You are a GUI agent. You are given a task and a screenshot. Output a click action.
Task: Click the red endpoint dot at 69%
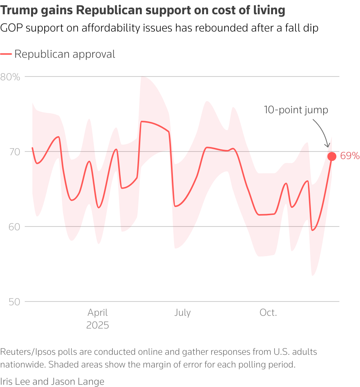pyautogui.click(x=331, y=156)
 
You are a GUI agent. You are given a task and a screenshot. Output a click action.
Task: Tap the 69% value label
pyautogui.click(x=349, y=156)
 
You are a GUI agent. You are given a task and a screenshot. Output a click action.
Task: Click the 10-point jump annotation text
pyautogui.click(x=296, y=110)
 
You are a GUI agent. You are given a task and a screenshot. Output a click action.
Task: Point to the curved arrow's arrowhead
pyautogui.click(x=327, y=149)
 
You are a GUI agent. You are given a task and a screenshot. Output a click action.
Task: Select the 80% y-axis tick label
pyautogui.click(x=10, y=77)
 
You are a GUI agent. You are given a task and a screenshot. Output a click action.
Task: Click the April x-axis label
pyautogui.click(x=97, y=313)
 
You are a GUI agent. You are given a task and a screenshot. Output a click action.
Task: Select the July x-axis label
pyautogui.click(x=182, y=313)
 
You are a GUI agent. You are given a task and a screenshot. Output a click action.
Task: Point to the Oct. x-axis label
pyautogui.click(x=268, y=313)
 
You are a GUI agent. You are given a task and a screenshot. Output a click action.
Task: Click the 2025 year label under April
pyautogui.click(x=97, y=325)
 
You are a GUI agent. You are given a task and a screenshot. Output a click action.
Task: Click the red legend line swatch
pyautogui.click(x=6, y=54)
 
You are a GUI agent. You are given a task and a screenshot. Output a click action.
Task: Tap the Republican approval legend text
pyautogui.click(x=65, y=54)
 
